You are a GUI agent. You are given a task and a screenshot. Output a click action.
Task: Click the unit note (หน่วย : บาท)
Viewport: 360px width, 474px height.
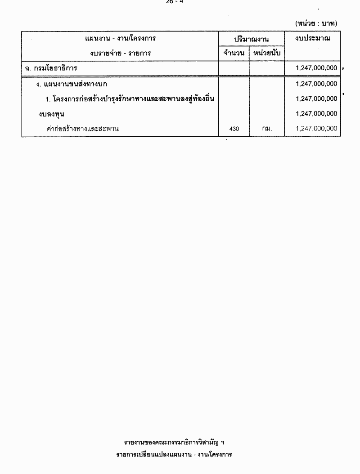[316, 23]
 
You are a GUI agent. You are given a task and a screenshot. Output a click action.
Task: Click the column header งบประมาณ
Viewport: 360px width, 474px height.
[313, 38]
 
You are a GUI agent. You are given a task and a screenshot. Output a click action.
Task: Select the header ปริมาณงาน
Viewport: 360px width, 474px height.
[251, 39]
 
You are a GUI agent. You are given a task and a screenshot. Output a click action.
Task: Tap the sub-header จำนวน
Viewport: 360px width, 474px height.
[234, 54]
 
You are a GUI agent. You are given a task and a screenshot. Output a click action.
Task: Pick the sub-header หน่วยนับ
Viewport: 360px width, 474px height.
[267, 54]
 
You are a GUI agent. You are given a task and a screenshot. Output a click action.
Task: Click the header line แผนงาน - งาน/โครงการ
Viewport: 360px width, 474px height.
[120, 38]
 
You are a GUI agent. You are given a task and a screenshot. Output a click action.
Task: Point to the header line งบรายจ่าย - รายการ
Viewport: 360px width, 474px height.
[120, 53]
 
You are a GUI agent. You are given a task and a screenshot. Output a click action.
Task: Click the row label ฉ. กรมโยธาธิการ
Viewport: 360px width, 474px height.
[51, 68]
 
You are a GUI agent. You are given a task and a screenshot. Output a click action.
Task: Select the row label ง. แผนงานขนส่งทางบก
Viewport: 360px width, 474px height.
[72, 84]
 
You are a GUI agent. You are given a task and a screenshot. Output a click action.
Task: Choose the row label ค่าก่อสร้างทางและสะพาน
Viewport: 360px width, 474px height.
[83, 129]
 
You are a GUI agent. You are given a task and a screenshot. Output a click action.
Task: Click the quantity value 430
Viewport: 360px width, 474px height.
[234, 129]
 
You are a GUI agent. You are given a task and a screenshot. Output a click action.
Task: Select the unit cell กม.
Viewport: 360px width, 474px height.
[267, 129]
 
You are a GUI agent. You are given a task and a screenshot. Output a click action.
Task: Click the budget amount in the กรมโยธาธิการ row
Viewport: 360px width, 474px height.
[316, 68]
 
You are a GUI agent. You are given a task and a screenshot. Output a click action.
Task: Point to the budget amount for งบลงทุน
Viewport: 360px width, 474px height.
[316, 114]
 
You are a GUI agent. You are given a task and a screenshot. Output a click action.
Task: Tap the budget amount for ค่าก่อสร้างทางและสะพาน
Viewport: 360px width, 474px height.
[316, 129]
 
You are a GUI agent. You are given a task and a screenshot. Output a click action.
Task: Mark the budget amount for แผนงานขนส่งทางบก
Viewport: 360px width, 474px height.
[316, 84]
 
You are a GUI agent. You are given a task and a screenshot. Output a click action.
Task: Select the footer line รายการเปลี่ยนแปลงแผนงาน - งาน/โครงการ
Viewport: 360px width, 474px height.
[174, 454]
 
